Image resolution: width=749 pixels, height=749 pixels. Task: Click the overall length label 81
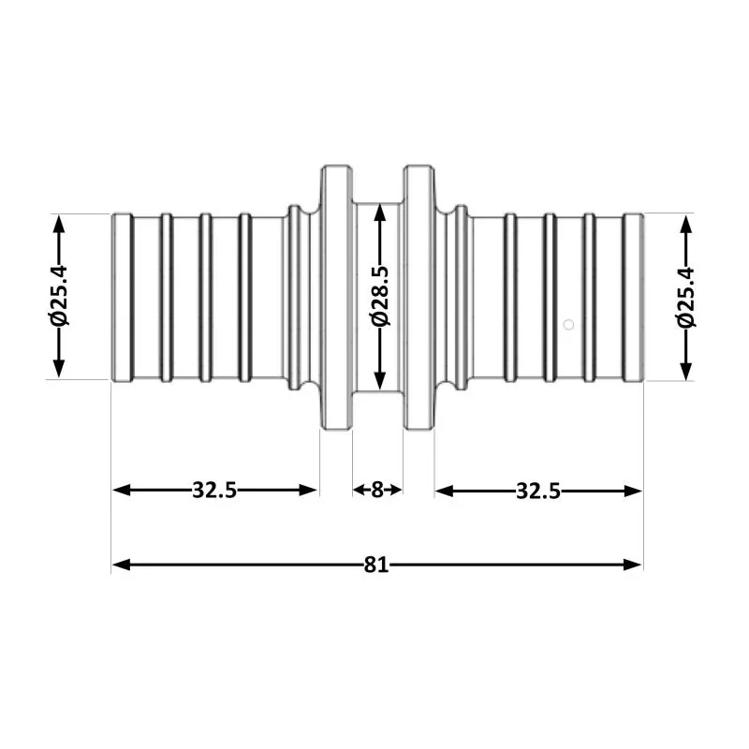pos(376,565)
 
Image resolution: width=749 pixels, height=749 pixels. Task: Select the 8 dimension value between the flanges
pos(376,490)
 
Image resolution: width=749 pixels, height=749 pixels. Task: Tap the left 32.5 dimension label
pos(214,490)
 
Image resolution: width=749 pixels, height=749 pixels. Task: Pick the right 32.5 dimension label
pos(537,490)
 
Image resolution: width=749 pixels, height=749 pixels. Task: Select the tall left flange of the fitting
pos(336,297)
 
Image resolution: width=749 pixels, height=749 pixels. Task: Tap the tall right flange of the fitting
pos(419,297)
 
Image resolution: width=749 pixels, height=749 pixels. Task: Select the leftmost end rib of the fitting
pos(122,297)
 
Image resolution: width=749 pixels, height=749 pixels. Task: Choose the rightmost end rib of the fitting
pos(634,297)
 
